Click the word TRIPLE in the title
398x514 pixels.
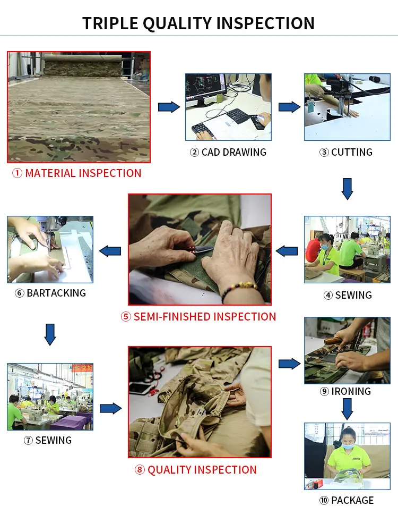[x=110, y=23]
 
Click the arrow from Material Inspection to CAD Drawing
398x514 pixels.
[x=169, y=107]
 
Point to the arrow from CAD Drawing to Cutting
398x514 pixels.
[x=289, y=107]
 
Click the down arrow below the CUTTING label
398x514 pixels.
[x=347, y=189]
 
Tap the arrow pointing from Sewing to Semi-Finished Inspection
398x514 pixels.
[x=287, y=251]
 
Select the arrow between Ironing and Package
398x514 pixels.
[x=347, y=409]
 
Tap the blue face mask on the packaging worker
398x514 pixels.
[x=349, y=446]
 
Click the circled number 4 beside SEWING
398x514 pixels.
[x=328, y=296]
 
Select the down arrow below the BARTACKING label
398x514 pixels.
[x=50, y=334]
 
